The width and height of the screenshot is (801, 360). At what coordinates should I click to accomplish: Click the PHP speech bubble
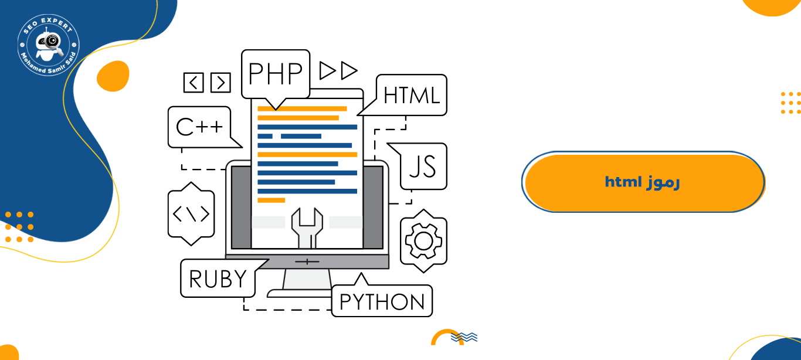point(276,73)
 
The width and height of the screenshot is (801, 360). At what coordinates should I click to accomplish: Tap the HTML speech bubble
point(412,94)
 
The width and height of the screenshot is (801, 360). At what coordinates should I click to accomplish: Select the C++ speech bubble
point(200,127)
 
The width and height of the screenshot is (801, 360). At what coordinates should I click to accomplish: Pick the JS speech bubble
point(422,167)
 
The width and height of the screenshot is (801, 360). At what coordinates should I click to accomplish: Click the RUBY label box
point(218,279)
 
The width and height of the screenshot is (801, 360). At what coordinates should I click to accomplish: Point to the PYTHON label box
point(382,301)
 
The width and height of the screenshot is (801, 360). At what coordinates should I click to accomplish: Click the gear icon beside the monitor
point(423,241)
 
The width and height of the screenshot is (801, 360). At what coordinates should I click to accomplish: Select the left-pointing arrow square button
point(194,83)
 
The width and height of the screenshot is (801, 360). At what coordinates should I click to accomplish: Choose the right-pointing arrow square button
point(220,83)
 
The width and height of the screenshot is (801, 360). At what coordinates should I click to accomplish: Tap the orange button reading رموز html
point(643,182)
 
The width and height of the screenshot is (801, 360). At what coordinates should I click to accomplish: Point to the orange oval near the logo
point(113,76)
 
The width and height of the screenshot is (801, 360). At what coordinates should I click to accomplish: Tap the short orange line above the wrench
point(271,200)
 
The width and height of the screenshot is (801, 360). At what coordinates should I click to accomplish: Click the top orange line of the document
point(302,108)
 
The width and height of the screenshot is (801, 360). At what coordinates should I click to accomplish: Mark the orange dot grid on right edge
point(790,103)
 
